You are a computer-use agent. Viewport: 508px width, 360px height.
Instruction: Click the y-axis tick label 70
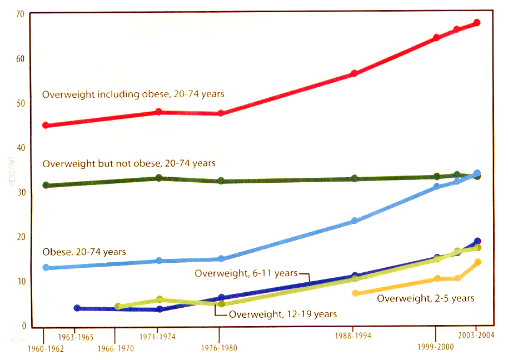(x=20, y=13)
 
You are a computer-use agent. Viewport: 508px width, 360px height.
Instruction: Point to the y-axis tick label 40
(x=20, y=148)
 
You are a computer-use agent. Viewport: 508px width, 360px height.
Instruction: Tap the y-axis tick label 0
(x=23, y=326)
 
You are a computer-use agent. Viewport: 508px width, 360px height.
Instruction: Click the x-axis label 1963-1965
(x=74, y=337)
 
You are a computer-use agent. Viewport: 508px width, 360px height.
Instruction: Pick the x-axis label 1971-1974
(x=158, y=337)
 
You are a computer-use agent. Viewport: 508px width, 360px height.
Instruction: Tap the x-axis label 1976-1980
(x=219, y=349)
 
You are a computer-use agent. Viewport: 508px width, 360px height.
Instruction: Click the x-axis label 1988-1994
(x=354, y=337)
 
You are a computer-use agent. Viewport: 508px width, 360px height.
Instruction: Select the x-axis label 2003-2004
(x=476, y=336)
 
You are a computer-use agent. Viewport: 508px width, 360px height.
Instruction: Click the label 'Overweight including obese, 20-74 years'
(x=133, y=94)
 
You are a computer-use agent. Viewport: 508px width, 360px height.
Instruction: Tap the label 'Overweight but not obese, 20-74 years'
(x=129, y=163)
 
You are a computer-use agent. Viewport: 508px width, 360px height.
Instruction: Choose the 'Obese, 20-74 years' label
(x=84, y=252)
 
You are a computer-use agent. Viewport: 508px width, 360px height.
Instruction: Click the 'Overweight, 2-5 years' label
(x=426, y=298)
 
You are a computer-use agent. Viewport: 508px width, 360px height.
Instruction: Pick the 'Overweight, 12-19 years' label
(x=283, y=314)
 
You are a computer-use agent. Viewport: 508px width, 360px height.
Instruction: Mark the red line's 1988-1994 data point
(x=354, y=73)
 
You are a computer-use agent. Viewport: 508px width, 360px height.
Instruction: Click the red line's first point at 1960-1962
(x=45, y=125)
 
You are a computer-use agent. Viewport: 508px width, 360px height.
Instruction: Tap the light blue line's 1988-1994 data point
(x=354, y=221)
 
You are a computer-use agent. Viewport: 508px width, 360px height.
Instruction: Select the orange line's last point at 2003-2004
(x=477, y=262)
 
